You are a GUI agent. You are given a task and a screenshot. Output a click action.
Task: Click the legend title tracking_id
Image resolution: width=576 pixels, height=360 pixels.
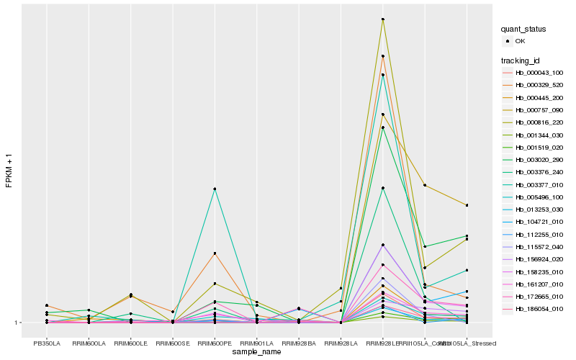tap(523, 60)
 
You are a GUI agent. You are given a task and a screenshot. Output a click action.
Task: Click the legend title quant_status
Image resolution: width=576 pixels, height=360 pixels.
tap(524, 30)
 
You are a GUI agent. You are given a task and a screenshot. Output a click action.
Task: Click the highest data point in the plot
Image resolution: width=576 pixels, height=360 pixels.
tap(383, 19)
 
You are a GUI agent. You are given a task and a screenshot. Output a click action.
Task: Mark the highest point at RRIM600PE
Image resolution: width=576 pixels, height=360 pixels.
tap(215, 189)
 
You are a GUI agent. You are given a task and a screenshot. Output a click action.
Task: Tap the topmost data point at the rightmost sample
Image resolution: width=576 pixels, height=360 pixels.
tap(467, 205)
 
